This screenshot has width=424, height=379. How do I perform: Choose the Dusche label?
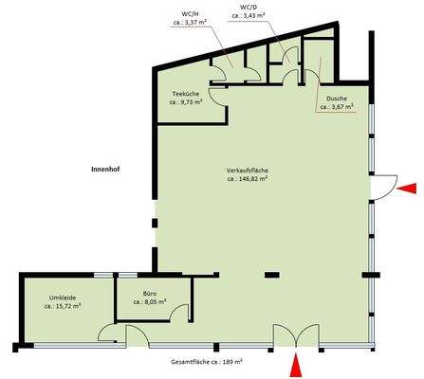tap(337, 99)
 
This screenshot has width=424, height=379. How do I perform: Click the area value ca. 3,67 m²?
tap(337, 108)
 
